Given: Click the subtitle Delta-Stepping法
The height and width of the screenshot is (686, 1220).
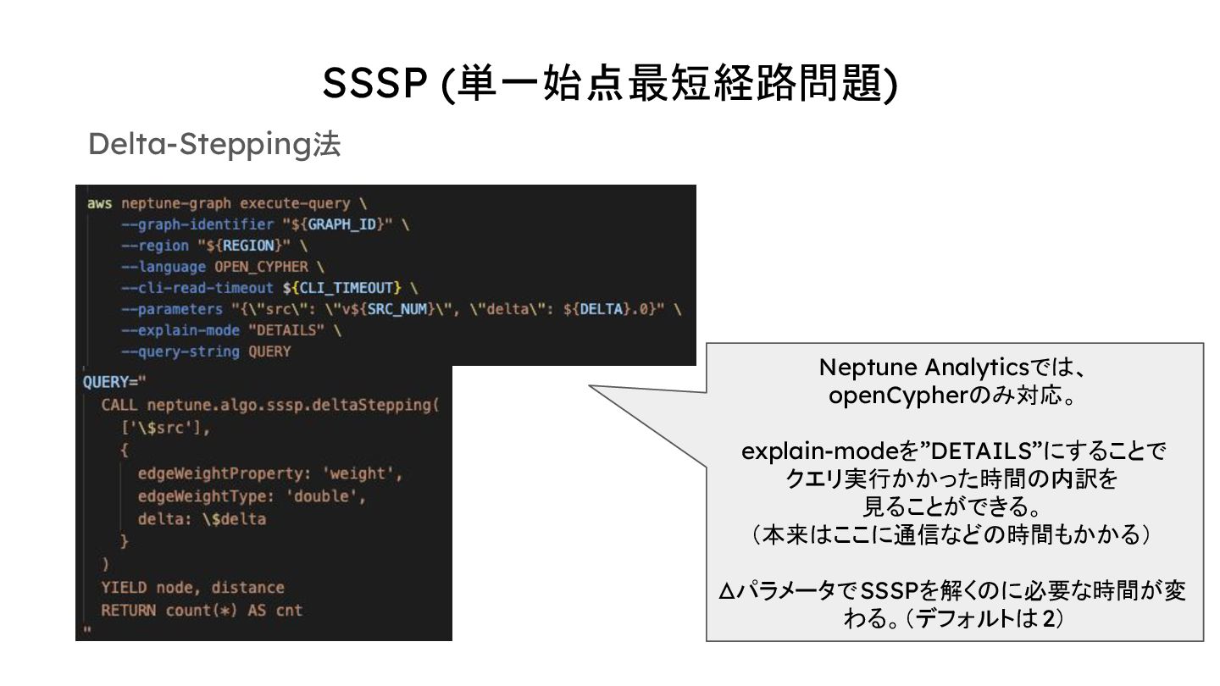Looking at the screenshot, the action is point(213,145).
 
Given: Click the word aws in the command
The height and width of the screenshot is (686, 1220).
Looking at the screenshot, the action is point(99,203).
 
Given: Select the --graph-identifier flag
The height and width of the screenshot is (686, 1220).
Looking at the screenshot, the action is point(197,224).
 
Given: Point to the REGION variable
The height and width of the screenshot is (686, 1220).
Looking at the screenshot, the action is point(249,246).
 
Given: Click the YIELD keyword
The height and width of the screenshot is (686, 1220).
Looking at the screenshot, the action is point(124,587).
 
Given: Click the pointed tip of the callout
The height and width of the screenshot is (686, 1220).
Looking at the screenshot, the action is point(592,388).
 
